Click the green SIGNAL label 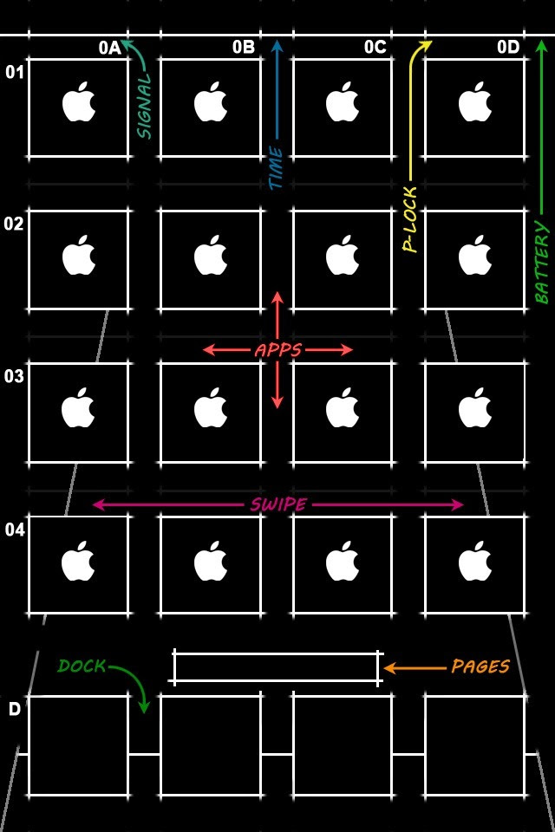pos(144,106)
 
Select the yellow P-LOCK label pos(410,220)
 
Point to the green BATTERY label pos(543,263)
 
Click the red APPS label pos(277,350)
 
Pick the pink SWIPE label pos(277,504)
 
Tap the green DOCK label pos(82,666)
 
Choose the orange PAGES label pos(480,666)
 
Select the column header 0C pos(375,48)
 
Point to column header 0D pos(508,48)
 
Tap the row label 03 pos(14,376)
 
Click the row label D pos(15,709)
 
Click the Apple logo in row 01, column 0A pos(78,103)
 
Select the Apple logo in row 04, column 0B pos(210,562)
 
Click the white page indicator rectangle pos(276,667)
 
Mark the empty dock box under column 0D pos(474,745)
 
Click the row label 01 pos(15,73)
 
